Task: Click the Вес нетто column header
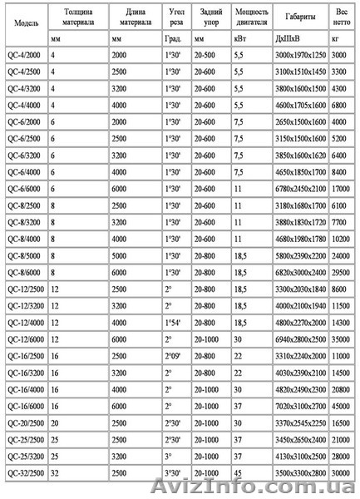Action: tap(340, 17)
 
